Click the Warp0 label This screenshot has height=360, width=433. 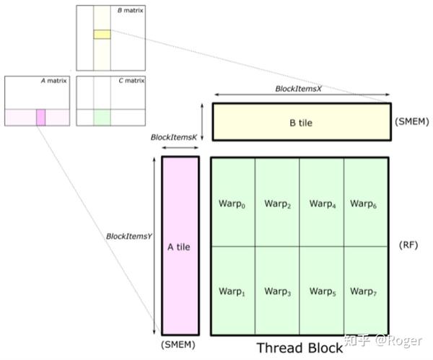click(x=232, y=203)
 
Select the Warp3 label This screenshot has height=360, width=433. click(x=278, y=291)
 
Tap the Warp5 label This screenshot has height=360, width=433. click(x=323, y=291)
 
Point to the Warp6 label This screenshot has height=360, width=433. click(x=363, y=203)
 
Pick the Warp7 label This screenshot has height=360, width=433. click(x=363, y=291)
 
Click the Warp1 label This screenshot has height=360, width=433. click(x=232, y=291)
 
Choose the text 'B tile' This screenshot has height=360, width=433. click(x=301, y=123)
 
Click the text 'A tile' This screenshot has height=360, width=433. click(x=179, y=247)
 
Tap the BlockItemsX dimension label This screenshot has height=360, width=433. click(x=299, y=89)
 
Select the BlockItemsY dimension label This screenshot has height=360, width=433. click(x=129, y=237)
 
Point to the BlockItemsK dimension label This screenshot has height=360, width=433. click(x=174, y=137)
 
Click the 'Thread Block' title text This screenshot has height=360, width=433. click(x=300, y=348)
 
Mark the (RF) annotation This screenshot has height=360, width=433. click(x=408, y=245)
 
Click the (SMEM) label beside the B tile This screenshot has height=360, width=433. click(x=412, y=121)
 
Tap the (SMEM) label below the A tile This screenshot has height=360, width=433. click(x=178, y=345)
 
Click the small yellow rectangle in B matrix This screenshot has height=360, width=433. click(x=102, y=34)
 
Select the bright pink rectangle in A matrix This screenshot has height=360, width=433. click(x=41, y=118)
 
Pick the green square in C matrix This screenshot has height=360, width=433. click(x=102, y=118)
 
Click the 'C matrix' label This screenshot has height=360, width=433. click(x=131, y=81)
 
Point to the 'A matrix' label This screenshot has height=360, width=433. click(x=54, y=81)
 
